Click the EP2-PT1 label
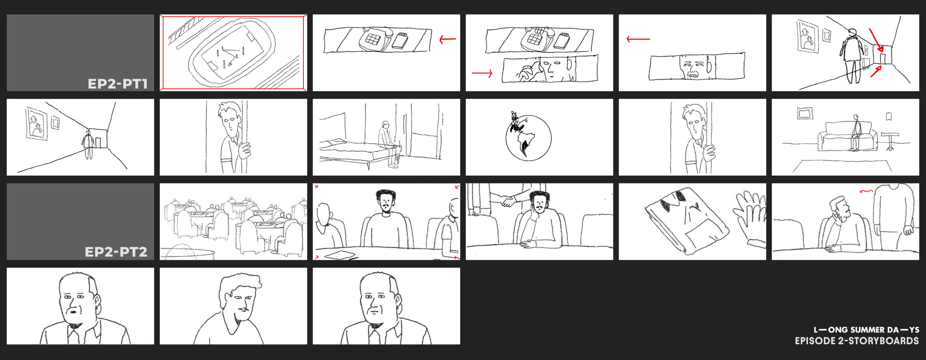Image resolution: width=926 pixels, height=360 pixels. click(x=118, y=84)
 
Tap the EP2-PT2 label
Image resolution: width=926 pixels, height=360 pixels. click(x=116, y=252)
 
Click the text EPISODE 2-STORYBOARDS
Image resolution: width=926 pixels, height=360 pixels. click(x=857, y=341)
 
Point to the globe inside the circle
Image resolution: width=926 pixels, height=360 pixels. click(x=528, y=138)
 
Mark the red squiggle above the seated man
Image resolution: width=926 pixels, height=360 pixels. click(x=866, y=191)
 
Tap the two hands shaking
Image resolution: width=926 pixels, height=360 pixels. click(x=508, y=201)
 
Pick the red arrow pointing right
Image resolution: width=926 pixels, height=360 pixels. click(x=482, y=73)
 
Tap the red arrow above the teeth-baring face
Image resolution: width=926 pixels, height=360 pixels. click(x=638, y=39)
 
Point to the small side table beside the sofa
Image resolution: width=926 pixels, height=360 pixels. click(x=890, y=141)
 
